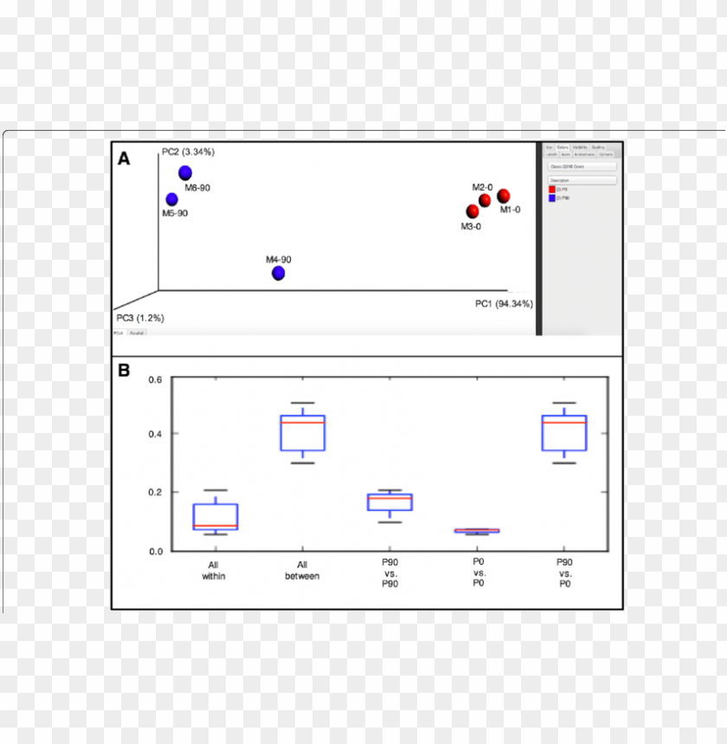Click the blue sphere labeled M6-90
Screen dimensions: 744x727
(x=185, y=173)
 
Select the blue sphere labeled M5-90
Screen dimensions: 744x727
(x=172, y=199)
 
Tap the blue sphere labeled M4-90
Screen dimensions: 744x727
(x=279, y=274)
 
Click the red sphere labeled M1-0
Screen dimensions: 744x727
(x=504, y=196)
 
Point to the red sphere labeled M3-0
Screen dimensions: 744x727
(x=473, y=211)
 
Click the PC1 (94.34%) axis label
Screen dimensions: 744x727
(x=504, y=304)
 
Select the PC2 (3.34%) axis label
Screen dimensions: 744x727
(x=188, y=152)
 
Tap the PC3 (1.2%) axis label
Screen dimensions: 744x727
(x=140, y=318)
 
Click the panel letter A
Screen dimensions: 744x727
(x=125, y=159)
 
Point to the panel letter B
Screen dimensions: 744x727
(x=124, y=371)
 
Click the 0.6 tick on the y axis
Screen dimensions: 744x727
(x=155, y=379)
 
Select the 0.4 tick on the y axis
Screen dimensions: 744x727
(x=155, y=434)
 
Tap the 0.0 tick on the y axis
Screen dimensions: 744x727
(x=155, y=551)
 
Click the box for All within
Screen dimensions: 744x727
(x=215, y=516)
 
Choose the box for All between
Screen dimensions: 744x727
(x=302, y=433)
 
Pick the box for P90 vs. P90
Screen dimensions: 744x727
(x=389, y=502)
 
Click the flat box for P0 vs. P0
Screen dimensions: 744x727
(x=477, y=531)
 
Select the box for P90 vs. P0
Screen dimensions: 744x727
(x=564, y=433)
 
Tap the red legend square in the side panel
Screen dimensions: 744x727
(x=551, y=189)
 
